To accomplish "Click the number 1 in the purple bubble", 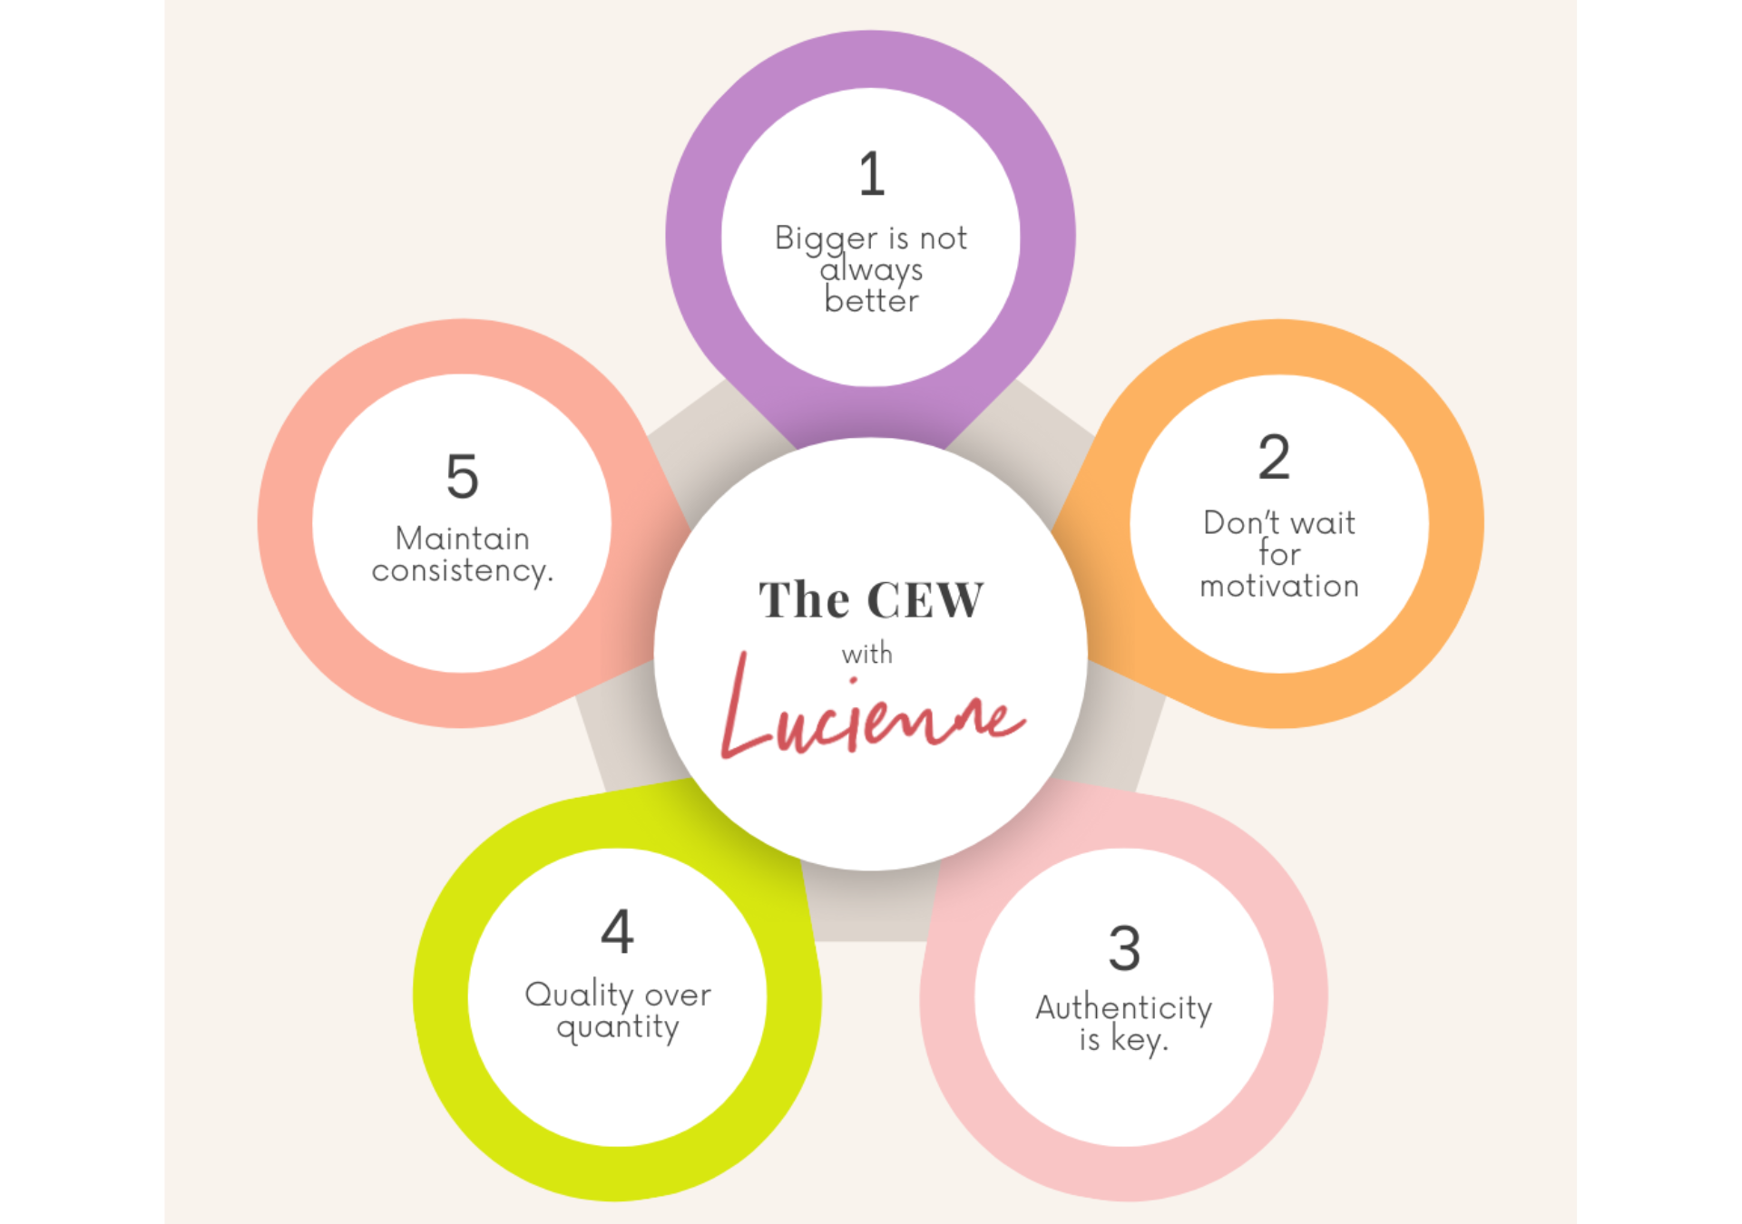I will click(871, 174).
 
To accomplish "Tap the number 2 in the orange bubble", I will click(1274, 457).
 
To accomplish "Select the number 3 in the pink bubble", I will click(1124, 948).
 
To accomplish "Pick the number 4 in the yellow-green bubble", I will click(617, 931).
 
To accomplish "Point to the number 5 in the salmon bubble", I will click(462, 477).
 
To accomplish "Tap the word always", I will click(871, 269).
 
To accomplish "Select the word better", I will click(871, 301).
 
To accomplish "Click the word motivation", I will click(1279, 587).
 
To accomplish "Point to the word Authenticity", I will click(1123, 1008).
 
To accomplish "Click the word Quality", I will click(579, 996).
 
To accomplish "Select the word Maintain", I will click(462, 539).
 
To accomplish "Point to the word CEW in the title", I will click(925, 600).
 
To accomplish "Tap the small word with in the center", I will click(866, 654).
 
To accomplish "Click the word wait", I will click(1323, 523).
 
